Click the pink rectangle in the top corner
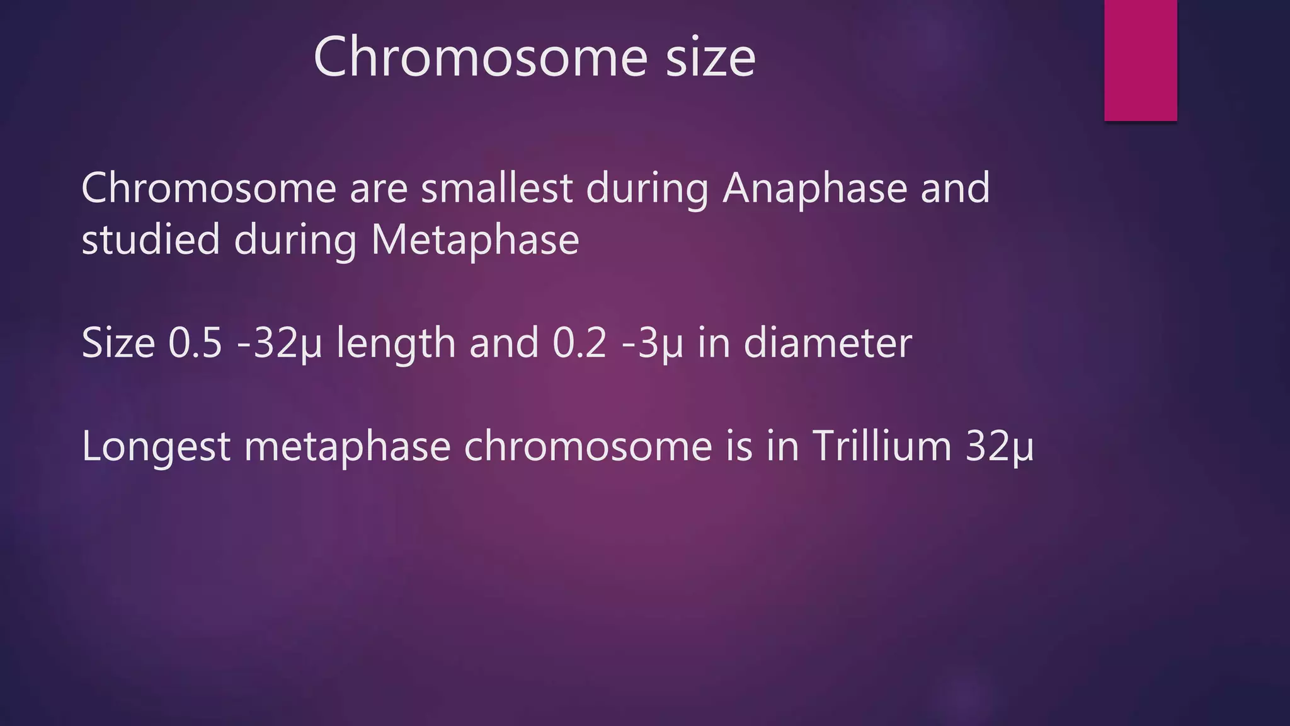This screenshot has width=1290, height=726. click(1140, 60)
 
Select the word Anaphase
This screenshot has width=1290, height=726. click(814, 188)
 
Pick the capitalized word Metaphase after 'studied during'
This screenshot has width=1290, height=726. click(475, 241)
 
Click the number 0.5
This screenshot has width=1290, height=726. click(195, 343)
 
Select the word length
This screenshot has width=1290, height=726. click(396, 344)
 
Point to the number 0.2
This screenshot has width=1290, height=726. click(579, 343)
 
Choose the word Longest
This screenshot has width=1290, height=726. click(156, 447)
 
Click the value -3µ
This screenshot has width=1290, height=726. click(652, 344)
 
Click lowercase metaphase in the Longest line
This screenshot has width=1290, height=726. click(347, 447)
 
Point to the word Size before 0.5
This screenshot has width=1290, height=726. click(118, 343)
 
